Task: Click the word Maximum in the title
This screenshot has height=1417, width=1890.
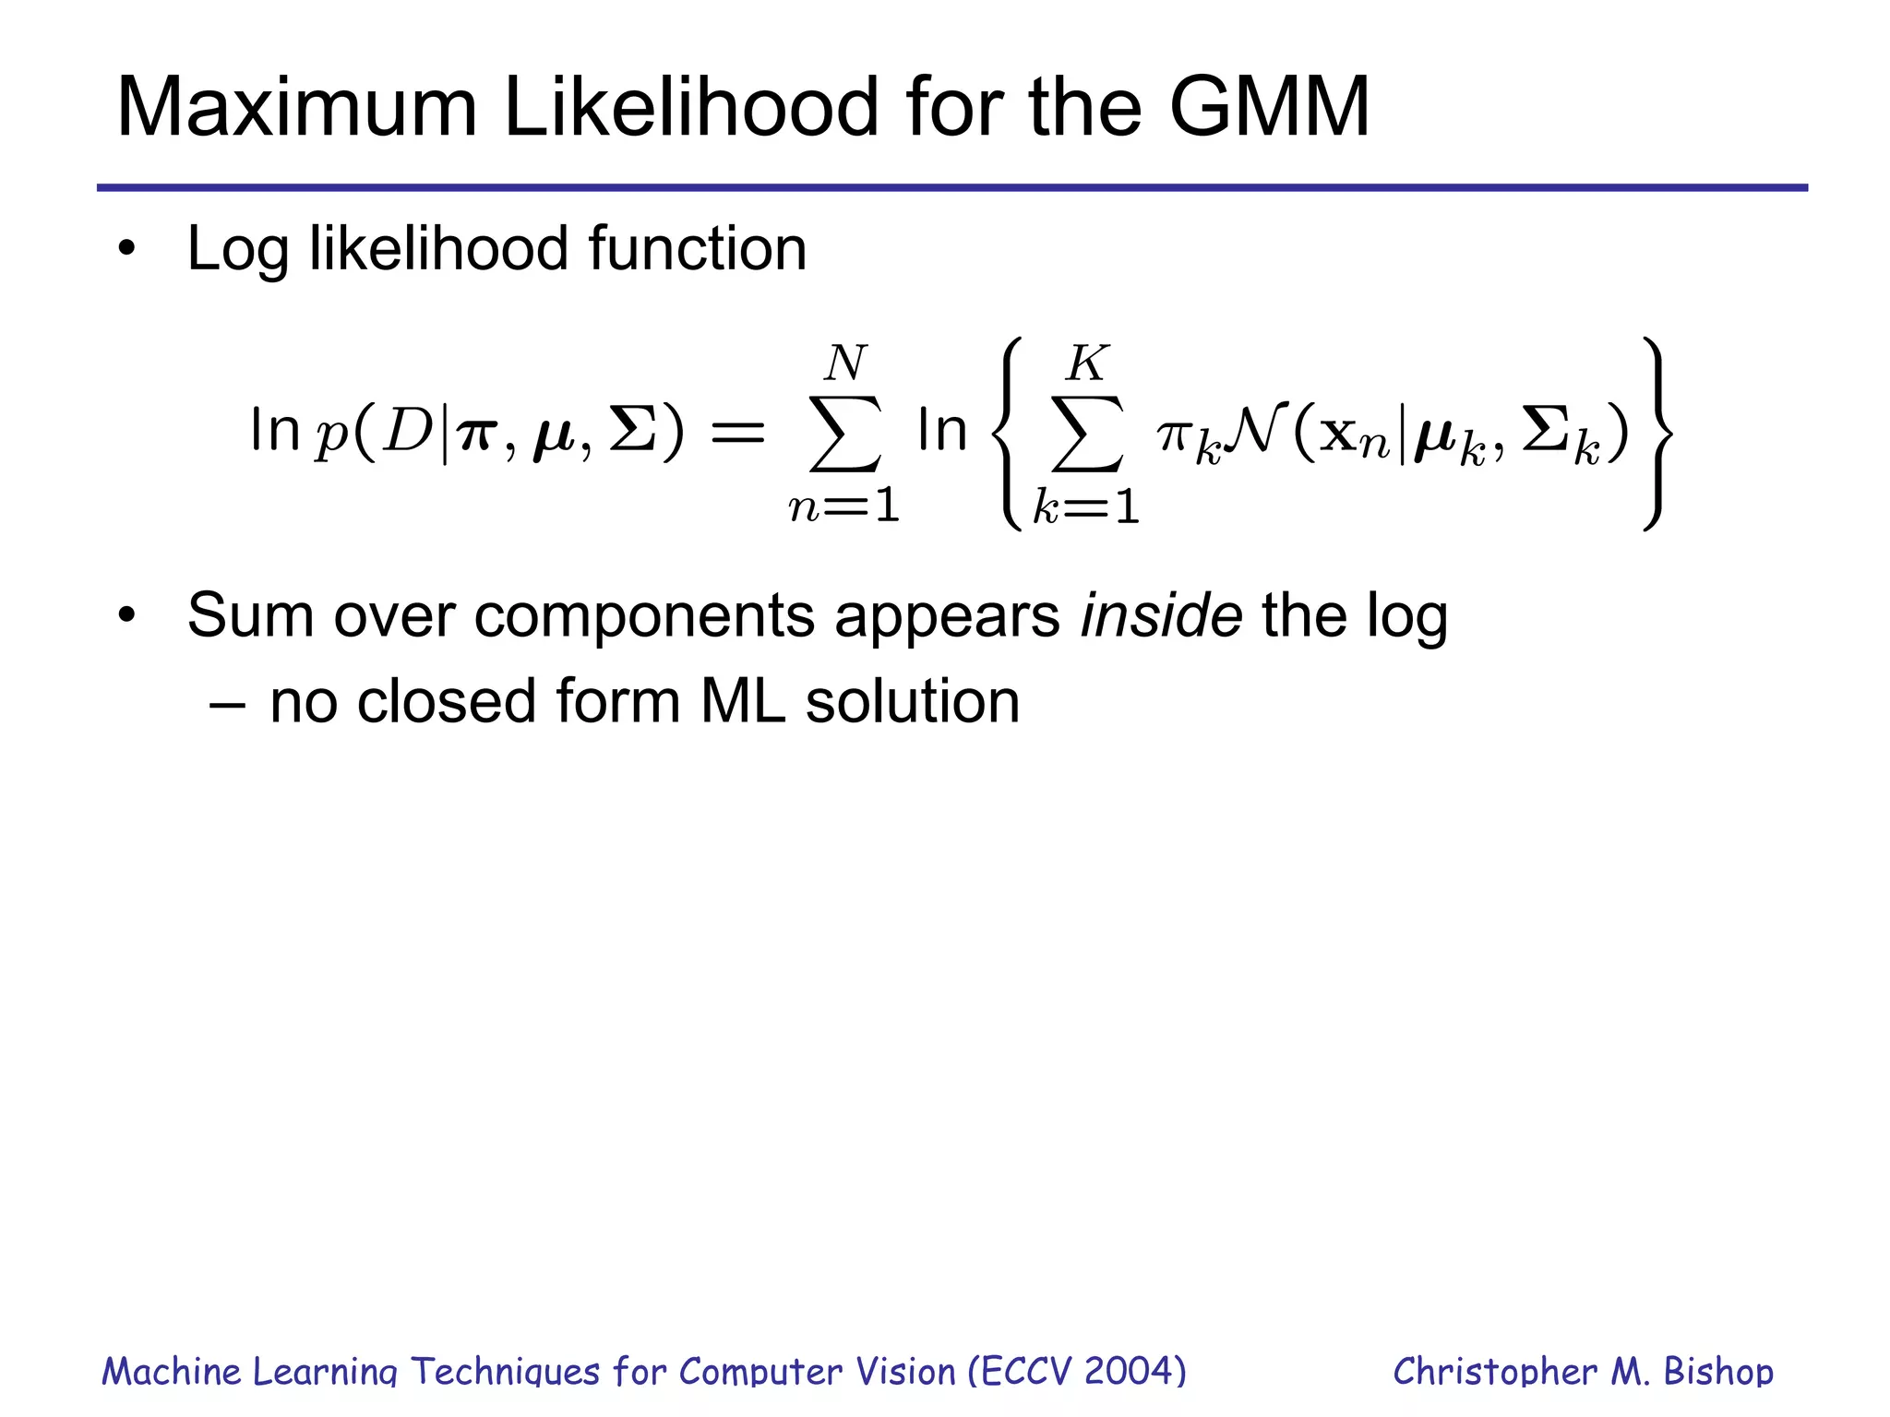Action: [296, 108]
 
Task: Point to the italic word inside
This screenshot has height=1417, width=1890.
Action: [1161, 615]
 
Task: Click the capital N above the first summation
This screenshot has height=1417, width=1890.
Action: [845, 363]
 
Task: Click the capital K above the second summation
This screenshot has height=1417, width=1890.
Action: [1086, 363]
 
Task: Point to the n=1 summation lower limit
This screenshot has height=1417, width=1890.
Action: [844, 506]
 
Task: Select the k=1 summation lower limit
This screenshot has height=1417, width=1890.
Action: [1086, 506]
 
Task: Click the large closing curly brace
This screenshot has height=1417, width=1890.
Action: [1657, 434]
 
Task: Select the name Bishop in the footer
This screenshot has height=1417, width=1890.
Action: [1717, 1372]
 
